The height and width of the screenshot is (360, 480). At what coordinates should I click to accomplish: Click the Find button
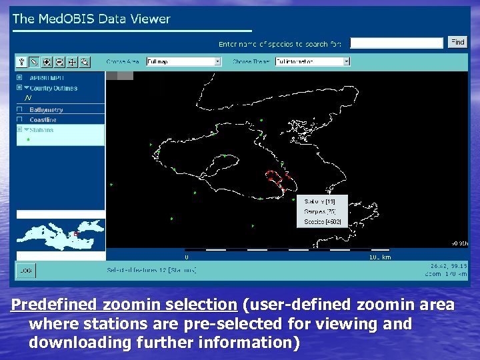coord(457,42)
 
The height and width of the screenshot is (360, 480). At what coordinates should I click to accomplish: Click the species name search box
coord(397,43)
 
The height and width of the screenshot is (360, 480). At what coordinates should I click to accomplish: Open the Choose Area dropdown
coord(183,61)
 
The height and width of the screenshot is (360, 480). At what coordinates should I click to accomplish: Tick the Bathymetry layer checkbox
coord(20,109)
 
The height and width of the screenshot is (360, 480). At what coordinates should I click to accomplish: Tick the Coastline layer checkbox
coord(20,120)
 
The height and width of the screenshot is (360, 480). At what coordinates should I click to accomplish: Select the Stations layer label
coord(41,130)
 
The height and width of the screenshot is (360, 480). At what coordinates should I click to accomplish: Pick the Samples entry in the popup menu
coord(320,211)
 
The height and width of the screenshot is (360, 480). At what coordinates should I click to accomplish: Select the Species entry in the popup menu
coord(322,221)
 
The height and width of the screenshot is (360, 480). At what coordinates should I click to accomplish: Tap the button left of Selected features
coord(26,270)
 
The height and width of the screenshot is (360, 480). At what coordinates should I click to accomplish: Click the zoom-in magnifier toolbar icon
coord(47,62)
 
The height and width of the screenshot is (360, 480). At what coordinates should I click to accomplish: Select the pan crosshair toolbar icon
coord(72,62)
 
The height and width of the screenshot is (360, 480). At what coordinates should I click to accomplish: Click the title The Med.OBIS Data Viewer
coord(91,19)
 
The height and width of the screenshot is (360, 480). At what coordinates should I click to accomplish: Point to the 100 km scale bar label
coord(380,257)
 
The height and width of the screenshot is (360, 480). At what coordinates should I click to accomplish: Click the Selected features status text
coord(152,270)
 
